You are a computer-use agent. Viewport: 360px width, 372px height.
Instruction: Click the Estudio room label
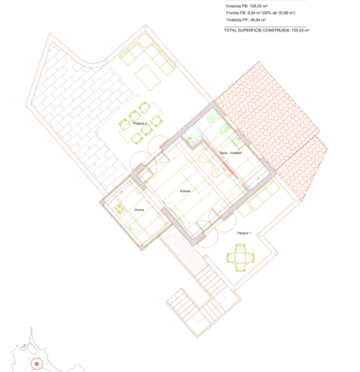[x=185, y=191]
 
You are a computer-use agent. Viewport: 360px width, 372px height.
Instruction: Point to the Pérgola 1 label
[x=244, y=231]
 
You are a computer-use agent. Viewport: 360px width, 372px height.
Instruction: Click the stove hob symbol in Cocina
[x=120, y=208]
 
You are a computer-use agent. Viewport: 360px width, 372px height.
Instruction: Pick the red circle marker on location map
[x=38, y=364]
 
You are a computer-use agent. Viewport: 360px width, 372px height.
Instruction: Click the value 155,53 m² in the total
[x=296, y=31]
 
